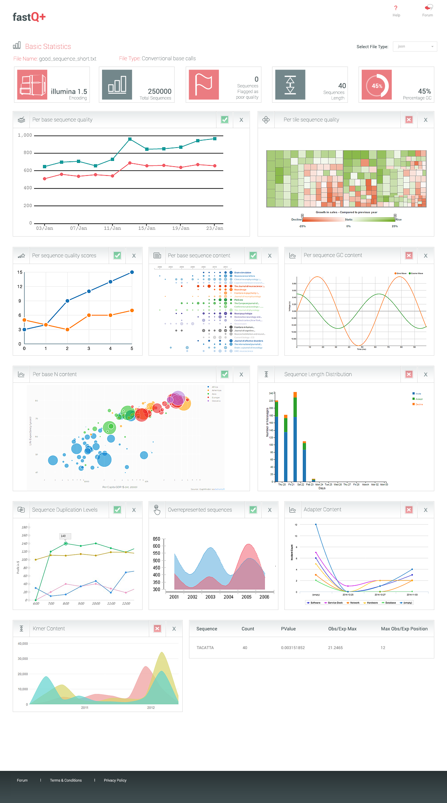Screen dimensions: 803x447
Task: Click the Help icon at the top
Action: click(x=396, y=8)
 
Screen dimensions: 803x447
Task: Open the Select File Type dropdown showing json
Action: click(x=415, y=47)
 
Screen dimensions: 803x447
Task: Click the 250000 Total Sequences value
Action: click(x=160, y=91)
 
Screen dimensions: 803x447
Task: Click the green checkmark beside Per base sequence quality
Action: click(x=225, y=120)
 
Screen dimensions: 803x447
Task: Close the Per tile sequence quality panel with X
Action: click(x=426, y=120)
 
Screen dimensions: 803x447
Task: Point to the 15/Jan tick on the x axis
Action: click(x=147, y=228)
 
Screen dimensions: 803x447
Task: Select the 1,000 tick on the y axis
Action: click(x=25, y=135)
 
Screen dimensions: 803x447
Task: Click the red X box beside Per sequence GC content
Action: click(x=409, y=256)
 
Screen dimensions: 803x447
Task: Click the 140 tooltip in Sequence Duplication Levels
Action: click(x=63, y=536)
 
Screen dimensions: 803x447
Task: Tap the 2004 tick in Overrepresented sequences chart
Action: click(x=229, y=597)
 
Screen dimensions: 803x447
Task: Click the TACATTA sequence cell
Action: click(x=205, y=648)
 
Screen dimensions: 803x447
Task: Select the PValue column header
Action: click(x=288, y=629)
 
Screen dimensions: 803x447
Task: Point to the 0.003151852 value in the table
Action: click(x=293, y=648)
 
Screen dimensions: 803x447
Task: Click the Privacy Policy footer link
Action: click(x=115, y=780)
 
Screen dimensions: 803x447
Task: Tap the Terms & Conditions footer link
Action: click(x=66, y=780)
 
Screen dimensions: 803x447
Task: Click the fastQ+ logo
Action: click(x=29, y=17)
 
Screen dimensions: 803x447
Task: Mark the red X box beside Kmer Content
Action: click(x=157, y=629)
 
